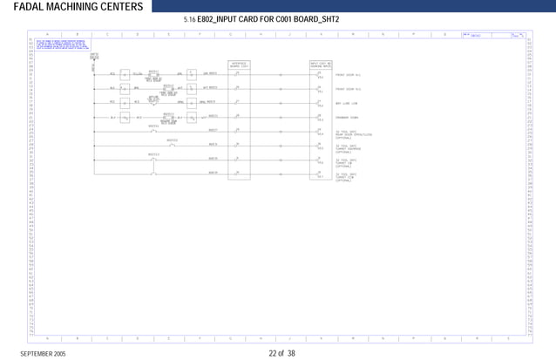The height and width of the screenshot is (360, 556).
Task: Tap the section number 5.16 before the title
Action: [190, 19]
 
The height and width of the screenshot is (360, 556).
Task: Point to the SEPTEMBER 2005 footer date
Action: [43, 354]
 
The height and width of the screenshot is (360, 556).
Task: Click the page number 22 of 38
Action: [282, 354]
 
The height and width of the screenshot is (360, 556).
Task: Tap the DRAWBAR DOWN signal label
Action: [349, 117]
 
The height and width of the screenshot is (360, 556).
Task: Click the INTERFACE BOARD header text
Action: [238, 65]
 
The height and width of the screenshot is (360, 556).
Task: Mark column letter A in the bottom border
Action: [47, 338]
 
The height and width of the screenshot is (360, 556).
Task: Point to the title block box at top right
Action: [494, 36]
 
